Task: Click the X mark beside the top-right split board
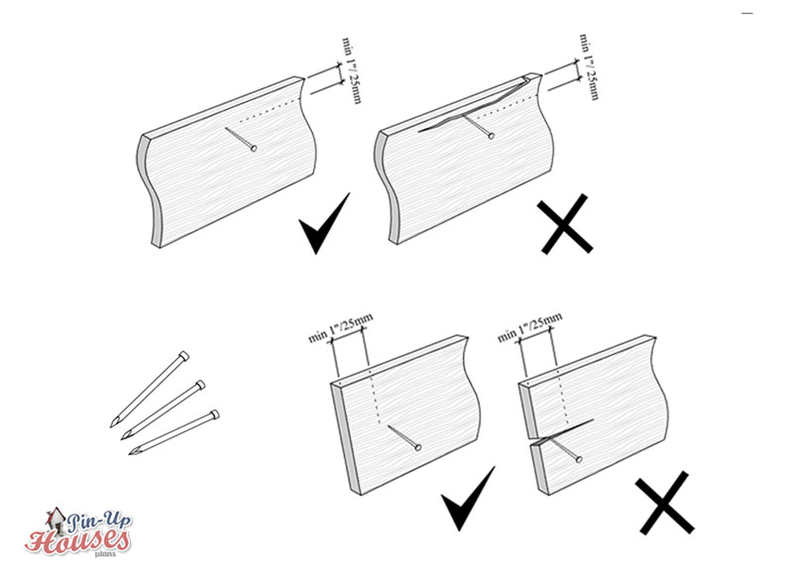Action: [x=565, y=223]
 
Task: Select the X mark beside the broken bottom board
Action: [x=664, y=503]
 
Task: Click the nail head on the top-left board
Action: [x=254, y=148]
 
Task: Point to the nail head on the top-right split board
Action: [x=491, y=136]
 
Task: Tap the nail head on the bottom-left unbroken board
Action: [x=418, y=447]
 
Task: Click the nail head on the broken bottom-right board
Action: [x=579, y=459]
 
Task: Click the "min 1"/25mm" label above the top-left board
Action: [x=352, y=69]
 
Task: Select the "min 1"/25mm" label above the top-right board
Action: [x=589, y=66]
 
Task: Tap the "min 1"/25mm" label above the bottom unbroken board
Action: [x=340, y=328]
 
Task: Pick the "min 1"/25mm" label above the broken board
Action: [x=529, y=327]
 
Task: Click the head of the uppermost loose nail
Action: [x=184, y=356]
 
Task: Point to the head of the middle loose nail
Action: [x=200, y=386]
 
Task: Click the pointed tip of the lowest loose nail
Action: [x=131, y=453]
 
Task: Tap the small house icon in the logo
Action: [x=56, y=520]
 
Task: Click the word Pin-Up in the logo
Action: [x=99, y=521]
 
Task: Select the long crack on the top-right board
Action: [x=472, y=108]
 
